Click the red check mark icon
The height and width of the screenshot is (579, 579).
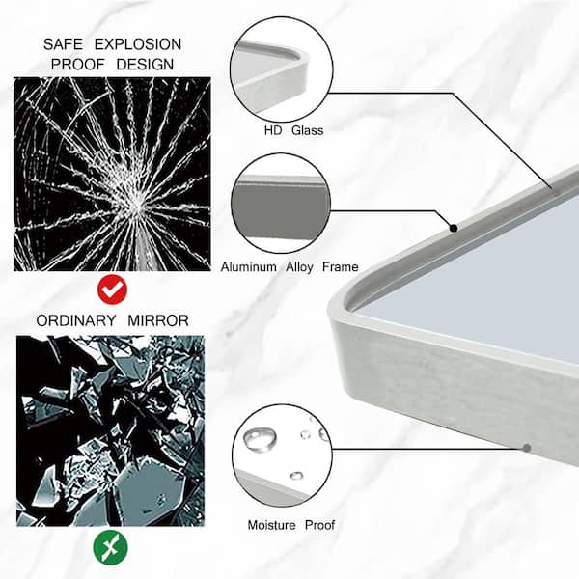112,289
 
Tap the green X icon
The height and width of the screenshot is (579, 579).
110,547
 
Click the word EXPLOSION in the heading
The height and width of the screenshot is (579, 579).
138,44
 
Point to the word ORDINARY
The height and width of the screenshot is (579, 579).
76,320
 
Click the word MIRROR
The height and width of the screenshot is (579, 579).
158,320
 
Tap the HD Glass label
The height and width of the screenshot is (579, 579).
293,130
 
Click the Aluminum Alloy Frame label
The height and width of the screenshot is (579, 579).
289,267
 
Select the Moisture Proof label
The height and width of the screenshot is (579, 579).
291,525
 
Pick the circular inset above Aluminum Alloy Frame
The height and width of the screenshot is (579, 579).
281,203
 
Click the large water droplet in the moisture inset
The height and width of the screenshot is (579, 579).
260,438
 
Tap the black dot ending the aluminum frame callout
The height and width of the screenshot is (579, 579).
454,228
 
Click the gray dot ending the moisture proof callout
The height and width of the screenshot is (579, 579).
527,448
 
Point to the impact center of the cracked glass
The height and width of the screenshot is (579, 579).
135,204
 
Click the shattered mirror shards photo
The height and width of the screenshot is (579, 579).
110,430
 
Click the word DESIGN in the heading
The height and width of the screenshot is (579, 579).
145,65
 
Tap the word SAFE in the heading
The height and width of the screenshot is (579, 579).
63,44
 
